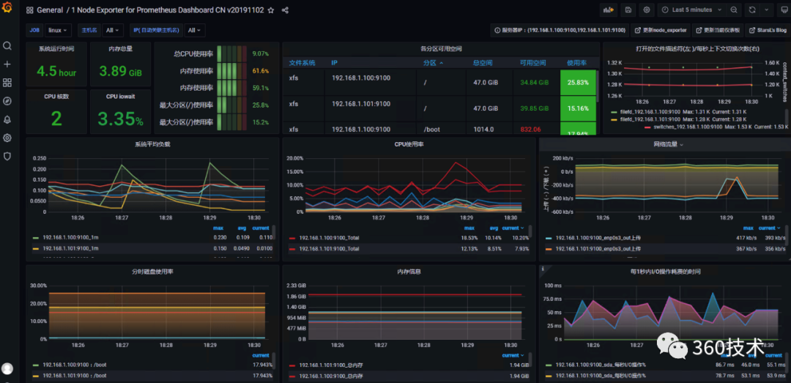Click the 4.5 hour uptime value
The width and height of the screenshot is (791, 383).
(x=56, y=72)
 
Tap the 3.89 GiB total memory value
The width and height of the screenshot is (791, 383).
(x=120, y=72)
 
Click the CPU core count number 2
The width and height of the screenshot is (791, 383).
(x=56, y=119)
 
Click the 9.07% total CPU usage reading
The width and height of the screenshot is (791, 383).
(x=260, y=54)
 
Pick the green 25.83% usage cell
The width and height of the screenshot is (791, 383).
(x=578, y=83)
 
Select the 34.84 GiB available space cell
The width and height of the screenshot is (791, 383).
(x=534, y=83)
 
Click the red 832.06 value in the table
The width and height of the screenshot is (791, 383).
(x=530, y=130)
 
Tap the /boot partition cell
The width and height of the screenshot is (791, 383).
(x=432, y=130)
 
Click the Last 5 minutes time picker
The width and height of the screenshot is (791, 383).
(x=691, y=10)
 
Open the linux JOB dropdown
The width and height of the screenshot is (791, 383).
(x=58, y=30)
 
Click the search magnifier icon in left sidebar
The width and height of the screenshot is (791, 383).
(x=7, y=45)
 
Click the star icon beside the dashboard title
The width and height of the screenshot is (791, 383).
(x=271, y=11)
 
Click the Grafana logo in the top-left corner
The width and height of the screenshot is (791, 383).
(x=7, y=10)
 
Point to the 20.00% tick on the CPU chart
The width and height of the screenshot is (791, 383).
(x=294, y=158)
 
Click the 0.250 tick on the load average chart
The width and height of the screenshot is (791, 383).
(x=39, y=158)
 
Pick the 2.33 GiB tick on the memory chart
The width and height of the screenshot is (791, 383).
(x=297, y=285)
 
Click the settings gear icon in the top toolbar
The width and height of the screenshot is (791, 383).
(x=647, y=10)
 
